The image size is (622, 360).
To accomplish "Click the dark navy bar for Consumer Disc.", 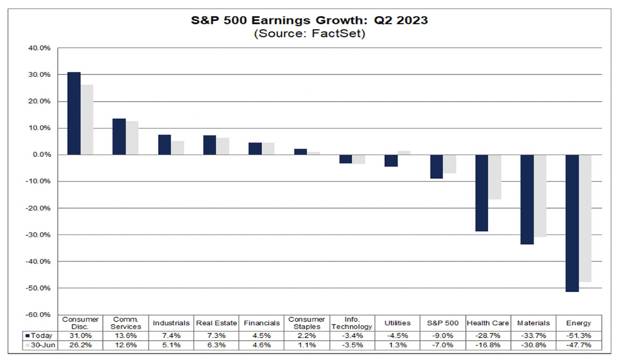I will (x=74, y=113).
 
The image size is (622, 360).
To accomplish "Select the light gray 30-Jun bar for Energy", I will (x=585, y=218).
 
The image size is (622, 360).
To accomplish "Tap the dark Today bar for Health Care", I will (x=482, y=193).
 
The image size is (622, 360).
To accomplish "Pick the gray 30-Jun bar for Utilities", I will (x=404, y=153).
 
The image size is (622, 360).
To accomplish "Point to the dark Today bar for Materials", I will (x=527, y=199).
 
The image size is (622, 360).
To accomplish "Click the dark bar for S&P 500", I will (x=436, y=167).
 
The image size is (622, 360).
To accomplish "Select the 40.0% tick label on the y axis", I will (x=39, y=48).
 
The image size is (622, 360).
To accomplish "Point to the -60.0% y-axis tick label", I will (x=38, y=315).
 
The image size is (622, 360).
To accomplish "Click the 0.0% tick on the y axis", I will (x=42, y=155).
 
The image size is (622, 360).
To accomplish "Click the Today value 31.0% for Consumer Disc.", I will (x=80, y=336).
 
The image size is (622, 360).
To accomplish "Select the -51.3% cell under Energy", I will (x=578, y=336).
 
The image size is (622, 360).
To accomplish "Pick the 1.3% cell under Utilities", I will (x=397, y=345).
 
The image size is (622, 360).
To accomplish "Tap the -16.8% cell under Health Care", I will (x=488, y=345).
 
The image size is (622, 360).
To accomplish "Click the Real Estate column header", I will (x=216, y=323).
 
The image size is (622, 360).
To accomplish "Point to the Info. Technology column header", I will (x=352, y=323).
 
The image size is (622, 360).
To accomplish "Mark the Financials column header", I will (x=262, y=323).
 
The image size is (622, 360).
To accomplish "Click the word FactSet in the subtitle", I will (x=338, y=34).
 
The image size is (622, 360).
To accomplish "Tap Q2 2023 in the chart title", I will (x=400, y=20).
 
